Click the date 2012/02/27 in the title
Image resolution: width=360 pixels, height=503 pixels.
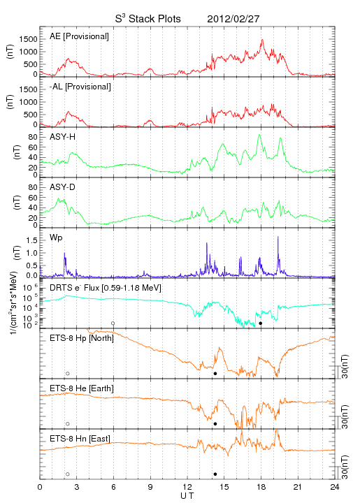[x=233, y=19]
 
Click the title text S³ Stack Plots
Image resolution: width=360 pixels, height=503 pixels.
[x=148, y=19]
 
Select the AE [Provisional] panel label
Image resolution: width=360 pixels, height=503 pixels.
[x=79, y=36]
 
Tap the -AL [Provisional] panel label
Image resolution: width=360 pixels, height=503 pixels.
[x=80, y=87]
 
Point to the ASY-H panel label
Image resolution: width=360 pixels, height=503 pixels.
[x=63, y=137]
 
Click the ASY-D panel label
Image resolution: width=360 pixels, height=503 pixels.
[x=63, y=187]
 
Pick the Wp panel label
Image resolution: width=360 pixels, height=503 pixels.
[x=56, y=238]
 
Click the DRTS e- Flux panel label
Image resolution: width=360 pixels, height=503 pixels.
[x=106, y=288]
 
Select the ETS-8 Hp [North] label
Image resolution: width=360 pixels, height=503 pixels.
[x=82, y=338]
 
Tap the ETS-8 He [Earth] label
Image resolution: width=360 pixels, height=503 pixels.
[x=82, y=388]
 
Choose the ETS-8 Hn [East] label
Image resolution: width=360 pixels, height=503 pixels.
[x=80, y=439]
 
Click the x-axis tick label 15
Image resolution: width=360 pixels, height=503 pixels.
[x=224, y=487]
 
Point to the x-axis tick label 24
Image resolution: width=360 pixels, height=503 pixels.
[x=335, y=487]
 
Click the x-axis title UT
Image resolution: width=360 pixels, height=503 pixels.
[x=187, y=496]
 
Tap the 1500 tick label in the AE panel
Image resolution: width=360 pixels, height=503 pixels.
[x=28, y=39]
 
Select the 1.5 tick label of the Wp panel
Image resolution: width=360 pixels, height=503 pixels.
[x=31, y=240]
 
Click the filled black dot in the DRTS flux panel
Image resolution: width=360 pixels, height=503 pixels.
[x=261, y=323]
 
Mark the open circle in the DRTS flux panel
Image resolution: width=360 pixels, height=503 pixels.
[x=113, y=323]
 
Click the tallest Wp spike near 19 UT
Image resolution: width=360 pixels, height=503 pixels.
[x=278, y=237]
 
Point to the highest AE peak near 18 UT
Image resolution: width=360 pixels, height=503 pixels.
[x=262, y=40]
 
